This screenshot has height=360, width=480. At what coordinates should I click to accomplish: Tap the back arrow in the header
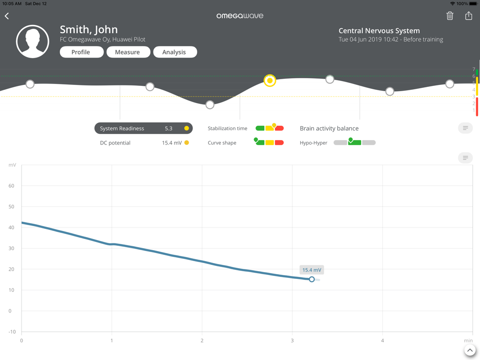(7, 16)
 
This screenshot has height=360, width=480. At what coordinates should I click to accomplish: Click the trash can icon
(450, 16)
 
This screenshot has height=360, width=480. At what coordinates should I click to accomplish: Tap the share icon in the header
(468, 16)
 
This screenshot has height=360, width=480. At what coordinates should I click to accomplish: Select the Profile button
(81, 52)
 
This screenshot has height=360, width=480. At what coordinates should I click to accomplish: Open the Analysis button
(174, 52)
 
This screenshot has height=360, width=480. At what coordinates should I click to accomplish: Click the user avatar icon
(33, 42)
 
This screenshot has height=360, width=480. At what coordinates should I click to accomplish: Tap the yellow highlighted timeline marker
(270, 81)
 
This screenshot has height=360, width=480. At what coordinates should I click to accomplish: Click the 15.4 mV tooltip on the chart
(312, 270)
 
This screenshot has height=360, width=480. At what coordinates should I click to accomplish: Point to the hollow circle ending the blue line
(312, 279)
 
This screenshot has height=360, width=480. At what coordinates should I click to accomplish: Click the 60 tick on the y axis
(12, 186)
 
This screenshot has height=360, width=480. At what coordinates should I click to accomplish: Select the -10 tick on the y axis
(12, 332)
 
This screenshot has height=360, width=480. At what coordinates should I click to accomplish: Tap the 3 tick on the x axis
(292, 341)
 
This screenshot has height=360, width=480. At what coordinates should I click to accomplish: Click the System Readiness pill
(143, 129)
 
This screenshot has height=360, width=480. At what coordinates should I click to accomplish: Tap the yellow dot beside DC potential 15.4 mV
(186, 143)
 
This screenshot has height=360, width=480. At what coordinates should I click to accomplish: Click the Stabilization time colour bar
(269, 128)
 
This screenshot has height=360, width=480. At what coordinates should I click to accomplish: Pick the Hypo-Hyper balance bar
(354, 143)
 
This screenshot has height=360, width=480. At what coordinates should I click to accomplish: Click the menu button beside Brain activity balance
(465, 128)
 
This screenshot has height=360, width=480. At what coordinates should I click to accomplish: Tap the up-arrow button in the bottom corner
(470, 350)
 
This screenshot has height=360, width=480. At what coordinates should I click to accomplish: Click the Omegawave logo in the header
(240, 16)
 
